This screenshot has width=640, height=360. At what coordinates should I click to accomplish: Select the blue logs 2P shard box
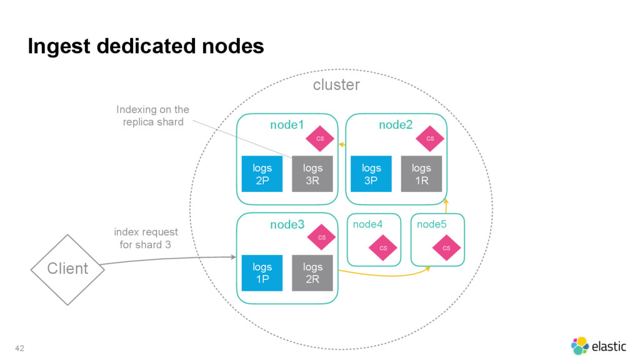[262, 174]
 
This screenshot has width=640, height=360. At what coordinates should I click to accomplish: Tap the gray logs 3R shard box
[312, 174]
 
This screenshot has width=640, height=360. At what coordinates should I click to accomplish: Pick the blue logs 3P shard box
[371, 174]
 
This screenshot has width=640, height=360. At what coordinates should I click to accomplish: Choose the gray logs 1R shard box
[421, 174]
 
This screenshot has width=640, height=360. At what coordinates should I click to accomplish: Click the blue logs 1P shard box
[262, 273]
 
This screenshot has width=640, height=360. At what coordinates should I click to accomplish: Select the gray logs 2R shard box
[312, 273]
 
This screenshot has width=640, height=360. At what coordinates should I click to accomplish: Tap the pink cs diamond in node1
[320, 139]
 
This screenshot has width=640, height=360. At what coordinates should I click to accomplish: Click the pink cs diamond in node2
[430, 139]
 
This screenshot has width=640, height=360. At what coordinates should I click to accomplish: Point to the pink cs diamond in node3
[322, 237]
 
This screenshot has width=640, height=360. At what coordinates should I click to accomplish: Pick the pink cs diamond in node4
[383, 247]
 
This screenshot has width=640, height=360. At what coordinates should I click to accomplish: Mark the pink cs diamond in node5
[446, 247]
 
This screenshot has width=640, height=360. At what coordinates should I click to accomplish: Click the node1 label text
[287, 125]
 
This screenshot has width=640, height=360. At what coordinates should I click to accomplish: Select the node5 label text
[431, 224]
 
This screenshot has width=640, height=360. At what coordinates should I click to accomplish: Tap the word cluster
[336, 85]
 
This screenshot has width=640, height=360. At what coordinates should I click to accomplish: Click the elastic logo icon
[579, 346]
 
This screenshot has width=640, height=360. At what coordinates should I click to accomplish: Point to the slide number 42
[19, 348]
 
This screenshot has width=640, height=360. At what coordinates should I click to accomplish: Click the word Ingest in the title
[59, 46]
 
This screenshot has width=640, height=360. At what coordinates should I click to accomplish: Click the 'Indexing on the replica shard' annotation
[153, 116]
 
